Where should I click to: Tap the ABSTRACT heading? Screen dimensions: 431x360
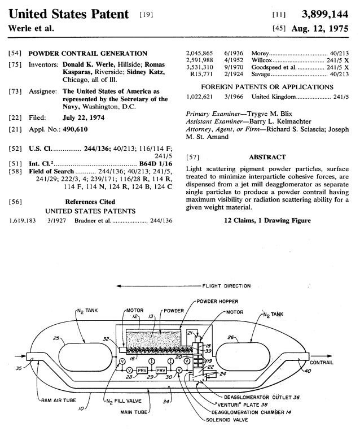pyautogui.click(x=267, y=157)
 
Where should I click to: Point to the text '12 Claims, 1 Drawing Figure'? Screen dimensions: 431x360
pyautogui.click(x=267, y=220)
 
